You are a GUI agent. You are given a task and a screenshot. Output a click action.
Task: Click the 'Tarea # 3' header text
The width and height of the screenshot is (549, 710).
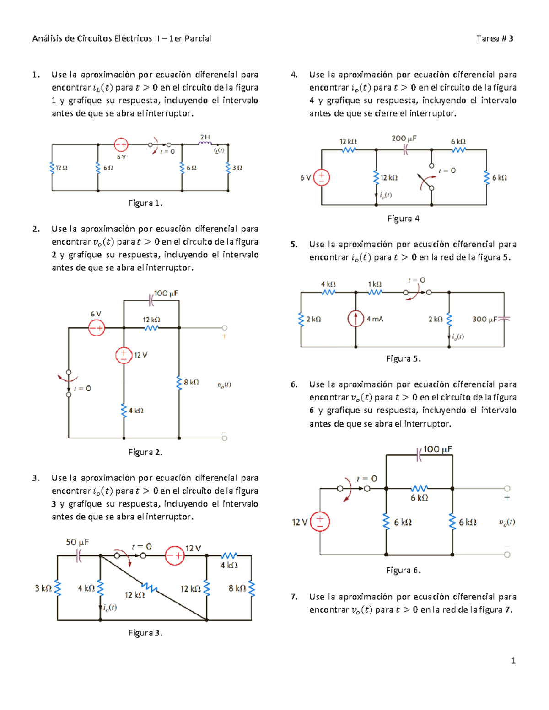tap(495, 38)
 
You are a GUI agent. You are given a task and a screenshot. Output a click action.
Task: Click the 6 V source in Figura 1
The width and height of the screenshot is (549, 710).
tap(121, 145)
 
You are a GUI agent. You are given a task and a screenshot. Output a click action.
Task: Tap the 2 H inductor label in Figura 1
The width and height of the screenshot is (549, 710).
tap(205, 137)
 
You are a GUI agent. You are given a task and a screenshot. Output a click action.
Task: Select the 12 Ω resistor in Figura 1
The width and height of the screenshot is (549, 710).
tap(52, 168)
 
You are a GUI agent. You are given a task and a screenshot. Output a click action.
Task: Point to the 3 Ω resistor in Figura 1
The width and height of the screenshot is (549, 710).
tap(228, 168)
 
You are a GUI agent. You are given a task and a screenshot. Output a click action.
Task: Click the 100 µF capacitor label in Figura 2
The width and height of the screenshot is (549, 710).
tap(166, 293)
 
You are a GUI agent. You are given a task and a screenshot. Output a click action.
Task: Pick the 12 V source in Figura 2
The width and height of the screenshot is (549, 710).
tap(124, 355)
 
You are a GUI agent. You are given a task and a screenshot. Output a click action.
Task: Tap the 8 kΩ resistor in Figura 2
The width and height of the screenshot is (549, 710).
tap(179, 382)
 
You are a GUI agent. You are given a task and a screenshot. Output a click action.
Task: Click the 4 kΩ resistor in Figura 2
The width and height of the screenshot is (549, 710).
tap(124, 410)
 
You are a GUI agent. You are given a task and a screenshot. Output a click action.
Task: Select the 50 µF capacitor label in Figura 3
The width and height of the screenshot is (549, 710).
tap(77, 542)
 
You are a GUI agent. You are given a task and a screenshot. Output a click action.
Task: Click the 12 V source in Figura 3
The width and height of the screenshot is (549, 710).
tap(174, 555)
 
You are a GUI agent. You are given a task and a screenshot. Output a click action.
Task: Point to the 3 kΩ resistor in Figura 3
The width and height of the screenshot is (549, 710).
tap(58, 588)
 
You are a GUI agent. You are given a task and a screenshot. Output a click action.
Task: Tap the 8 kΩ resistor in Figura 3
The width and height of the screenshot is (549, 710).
tap(251, 588)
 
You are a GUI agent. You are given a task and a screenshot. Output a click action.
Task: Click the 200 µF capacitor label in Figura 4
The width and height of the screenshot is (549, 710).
tap(404, 138)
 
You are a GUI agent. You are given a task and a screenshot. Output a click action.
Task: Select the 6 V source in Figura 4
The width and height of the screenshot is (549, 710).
tap(322, 177)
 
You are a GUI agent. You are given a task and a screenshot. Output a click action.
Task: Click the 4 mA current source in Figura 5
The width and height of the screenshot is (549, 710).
tap(356, 319)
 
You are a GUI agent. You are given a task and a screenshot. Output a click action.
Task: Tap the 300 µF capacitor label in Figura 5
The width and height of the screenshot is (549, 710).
tap(484, 319)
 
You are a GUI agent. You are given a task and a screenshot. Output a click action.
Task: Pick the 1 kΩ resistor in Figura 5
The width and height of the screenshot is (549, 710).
tap(375, 292)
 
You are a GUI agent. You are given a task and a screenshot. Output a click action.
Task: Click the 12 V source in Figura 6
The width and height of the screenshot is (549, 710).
tap(320, 522)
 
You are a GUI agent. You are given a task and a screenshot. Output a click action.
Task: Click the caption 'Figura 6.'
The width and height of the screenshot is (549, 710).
tap(403, 570)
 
